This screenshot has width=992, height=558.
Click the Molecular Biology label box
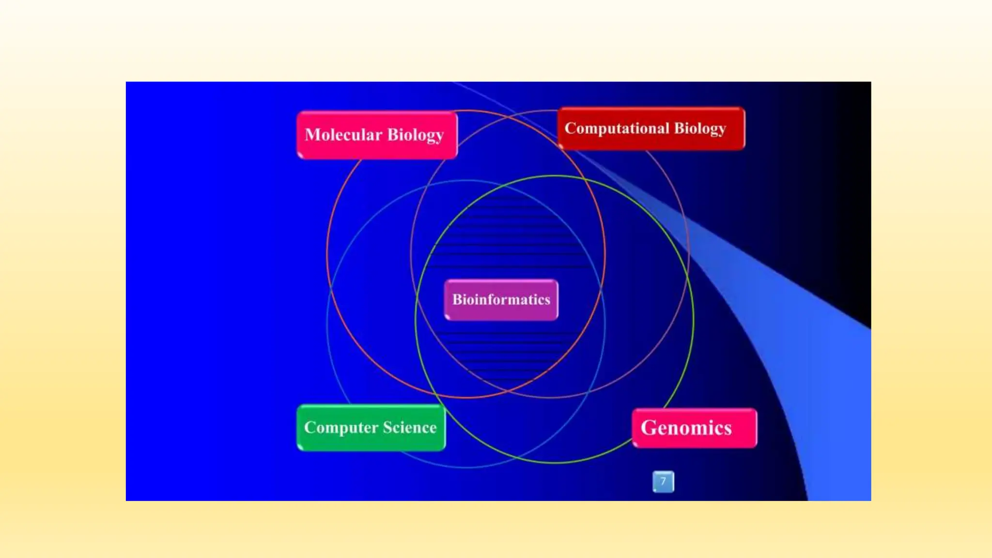point(377,135)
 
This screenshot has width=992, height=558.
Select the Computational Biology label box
point(651,128)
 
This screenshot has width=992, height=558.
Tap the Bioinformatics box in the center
point(501,300)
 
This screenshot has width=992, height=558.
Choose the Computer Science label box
point(371,428)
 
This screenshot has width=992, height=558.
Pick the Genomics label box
point(694,428)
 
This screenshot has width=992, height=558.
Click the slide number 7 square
point(663,481)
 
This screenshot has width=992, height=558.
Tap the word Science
point(410,428)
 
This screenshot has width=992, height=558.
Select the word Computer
point(341,428)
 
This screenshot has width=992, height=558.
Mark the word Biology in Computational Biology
point(700,129)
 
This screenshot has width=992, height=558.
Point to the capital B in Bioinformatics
point(457,299)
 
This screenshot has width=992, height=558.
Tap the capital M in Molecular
point(312,135)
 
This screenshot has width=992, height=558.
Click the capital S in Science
point(387,428)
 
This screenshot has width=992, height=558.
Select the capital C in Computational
point(570,128)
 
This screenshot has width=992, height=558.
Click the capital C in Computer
point(309,428)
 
